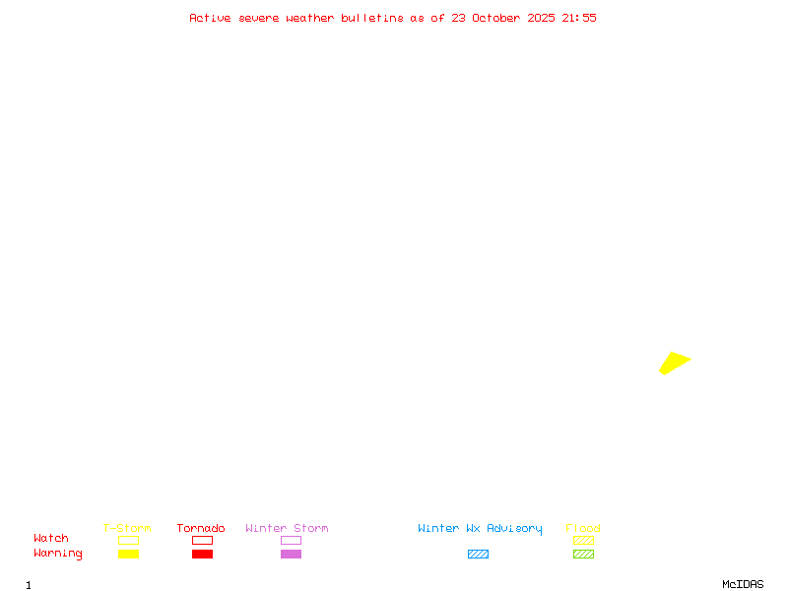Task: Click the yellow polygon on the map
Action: [675, 362]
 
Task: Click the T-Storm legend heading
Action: [127, 528]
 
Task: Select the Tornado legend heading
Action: [201, 528]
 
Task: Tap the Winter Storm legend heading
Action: [287, 528]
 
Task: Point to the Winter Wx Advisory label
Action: [480, 529]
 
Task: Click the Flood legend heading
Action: [583, 528]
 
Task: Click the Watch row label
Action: [51, 538]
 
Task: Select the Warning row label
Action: [58, 554]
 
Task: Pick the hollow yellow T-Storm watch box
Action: [129, 540]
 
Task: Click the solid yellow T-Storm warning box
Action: [129, 554]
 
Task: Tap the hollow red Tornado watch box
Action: [203, 540]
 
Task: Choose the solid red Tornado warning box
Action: [203, 554]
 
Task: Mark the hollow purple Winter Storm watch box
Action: [291, 540]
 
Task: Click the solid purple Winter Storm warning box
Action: [291, 554]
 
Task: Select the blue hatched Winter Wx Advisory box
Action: [478, 554]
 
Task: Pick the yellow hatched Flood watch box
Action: [583, 540]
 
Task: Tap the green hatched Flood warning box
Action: [583, 554]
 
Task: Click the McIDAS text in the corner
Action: [743, 584]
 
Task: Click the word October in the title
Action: [495, 18]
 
